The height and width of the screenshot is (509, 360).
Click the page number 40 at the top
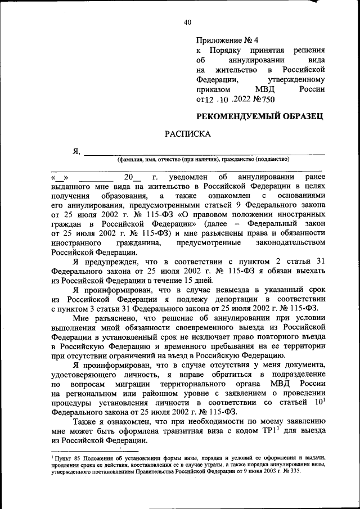(187, 22)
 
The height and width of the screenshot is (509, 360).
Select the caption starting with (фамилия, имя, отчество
(203, 159)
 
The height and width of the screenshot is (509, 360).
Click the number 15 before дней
(187, 280)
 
